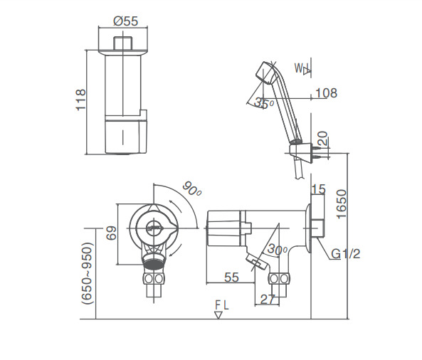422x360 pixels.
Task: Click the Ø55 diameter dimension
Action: pyautogui.click(x=125, y=21)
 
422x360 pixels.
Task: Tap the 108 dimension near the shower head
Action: pyautogui.click(x=326, y=93)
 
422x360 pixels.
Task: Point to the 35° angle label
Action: pyautogui.click(x=264, y=103)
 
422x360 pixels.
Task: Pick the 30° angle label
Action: pyautogui.click(x=278, y=250)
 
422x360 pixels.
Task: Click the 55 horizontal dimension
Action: pyautogui.click(x=231, y=277)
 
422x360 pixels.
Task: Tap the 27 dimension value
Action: pyautogui.click(x=267, y=300)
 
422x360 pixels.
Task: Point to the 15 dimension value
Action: pyautogui.click(x=317, y=189)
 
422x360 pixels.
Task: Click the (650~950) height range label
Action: pyautogui.click(x=87, y=273)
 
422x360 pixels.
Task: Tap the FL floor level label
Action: pyautogui.click(x=222, y=305)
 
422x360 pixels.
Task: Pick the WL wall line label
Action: pyautogui.click(x=302, y=69)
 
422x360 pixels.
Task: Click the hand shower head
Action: pyautogui.click(x=263, y=73)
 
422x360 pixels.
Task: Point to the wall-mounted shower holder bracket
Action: pyautogui.click(x=300, y=150)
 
